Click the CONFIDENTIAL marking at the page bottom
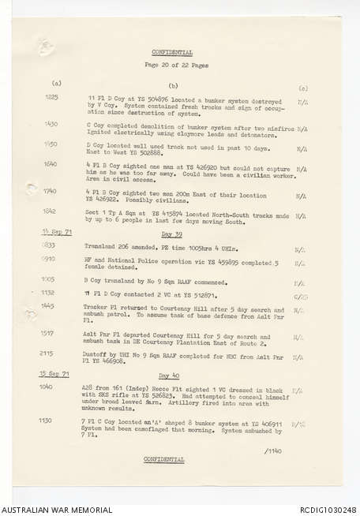[163, 458]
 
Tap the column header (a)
[56, 83]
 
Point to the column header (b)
[173, 84]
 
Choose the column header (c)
[303, 88]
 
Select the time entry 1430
[51, 123]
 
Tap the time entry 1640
[51, 164]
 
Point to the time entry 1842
[51, 211]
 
